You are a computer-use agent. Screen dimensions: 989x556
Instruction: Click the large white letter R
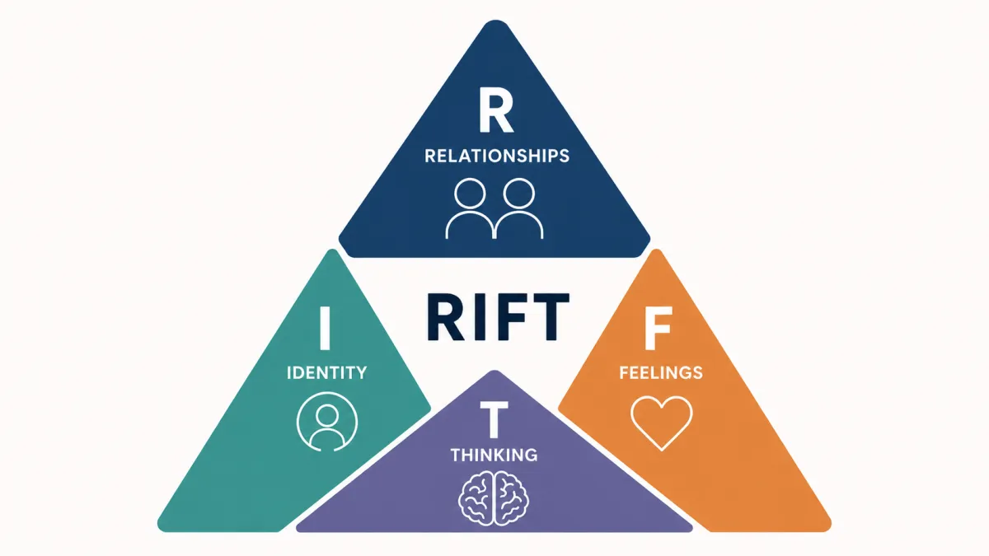pyautogui.click(x=495, y=110)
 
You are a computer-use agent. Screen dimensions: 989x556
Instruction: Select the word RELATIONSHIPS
pyautogui.click(x=497, y=157)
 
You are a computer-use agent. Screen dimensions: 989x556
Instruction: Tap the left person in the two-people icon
pyautogui.click(x=470, y=208)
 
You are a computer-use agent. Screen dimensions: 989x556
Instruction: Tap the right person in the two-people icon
pyautogui.click(x=519, y=208)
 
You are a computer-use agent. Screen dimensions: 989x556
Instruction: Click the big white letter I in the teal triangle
pyautogui.click(x=325, y=328)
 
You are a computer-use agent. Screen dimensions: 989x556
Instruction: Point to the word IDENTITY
pyautogui.click(x=326, y=373)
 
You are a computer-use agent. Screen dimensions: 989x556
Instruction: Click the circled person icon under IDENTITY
pyautogui.click(x=327, y=422)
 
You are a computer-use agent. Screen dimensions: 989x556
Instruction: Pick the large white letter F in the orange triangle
pyautogui.click(x=658, y=328)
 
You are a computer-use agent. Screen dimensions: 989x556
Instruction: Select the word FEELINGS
pyautogui.click(x=661, y=373)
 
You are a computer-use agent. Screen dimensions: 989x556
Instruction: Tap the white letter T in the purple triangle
pyautogui.click(x=494, y=421)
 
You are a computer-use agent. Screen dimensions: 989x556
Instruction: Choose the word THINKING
pyautogui.click(x=494, y=455)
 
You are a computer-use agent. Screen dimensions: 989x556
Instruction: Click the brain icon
pyautogui.click(x=494, y=498)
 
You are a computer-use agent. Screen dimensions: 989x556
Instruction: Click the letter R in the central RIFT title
pyautogui.click(x=446, y=317)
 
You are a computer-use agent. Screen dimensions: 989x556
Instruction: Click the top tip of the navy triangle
pyautogui.click(x=495, y=21)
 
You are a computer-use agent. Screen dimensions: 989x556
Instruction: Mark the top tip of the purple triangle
pyautogui.click(x=494, y=371)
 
